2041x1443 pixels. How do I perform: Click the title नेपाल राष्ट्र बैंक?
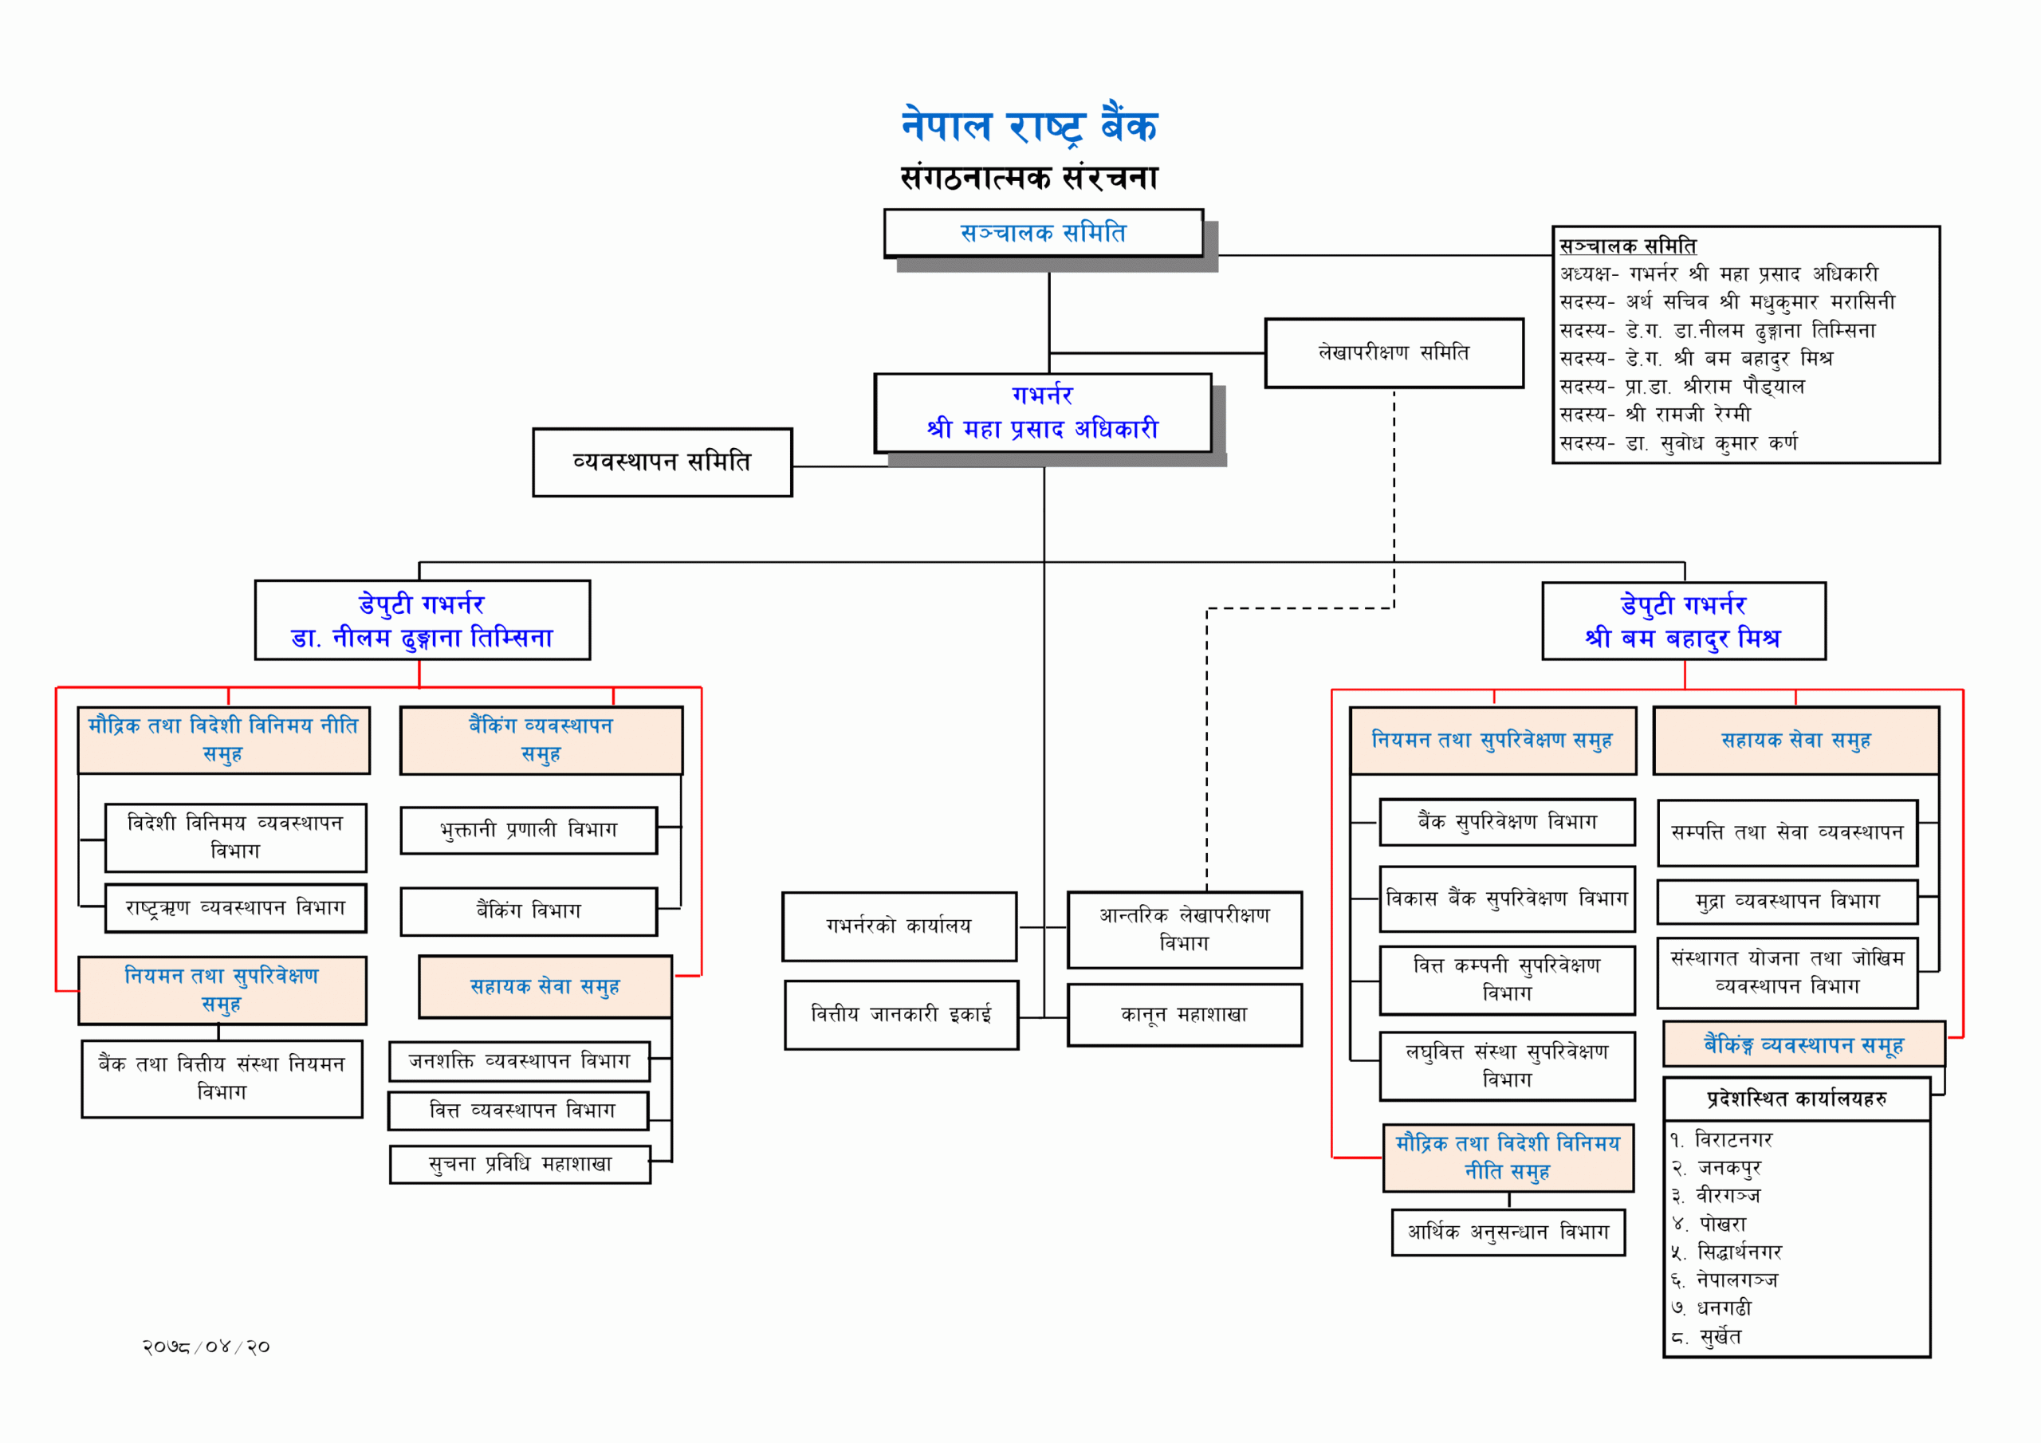[1029, 125]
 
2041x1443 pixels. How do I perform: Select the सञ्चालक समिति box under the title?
[1043, 233]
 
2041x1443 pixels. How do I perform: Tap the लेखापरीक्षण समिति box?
[1393, 353]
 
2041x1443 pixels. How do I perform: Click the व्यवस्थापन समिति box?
[663, 462]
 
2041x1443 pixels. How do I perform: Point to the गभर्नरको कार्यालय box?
[899, 926]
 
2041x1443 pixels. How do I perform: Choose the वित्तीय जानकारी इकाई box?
[900, 1014]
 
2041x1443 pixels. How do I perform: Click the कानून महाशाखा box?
[1184, 1014]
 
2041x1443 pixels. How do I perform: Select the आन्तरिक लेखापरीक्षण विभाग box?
[1184, 929]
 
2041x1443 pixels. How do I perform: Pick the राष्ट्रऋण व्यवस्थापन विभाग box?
[235, 908]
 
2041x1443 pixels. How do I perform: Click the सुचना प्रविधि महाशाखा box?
[520, 1165]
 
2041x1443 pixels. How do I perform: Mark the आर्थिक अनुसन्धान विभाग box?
[1508, 1233]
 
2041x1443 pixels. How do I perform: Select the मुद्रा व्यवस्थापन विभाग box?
[1787, 902]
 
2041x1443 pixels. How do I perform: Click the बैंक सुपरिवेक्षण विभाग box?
[1507, 821]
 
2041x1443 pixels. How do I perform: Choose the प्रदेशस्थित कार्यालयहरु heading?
[1796, 1099]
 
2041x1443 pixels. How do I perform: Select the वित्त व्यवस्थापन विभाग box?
[519, 1111]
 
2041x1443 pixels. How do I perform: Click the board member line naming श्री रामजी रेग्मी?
[1655, 415]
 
